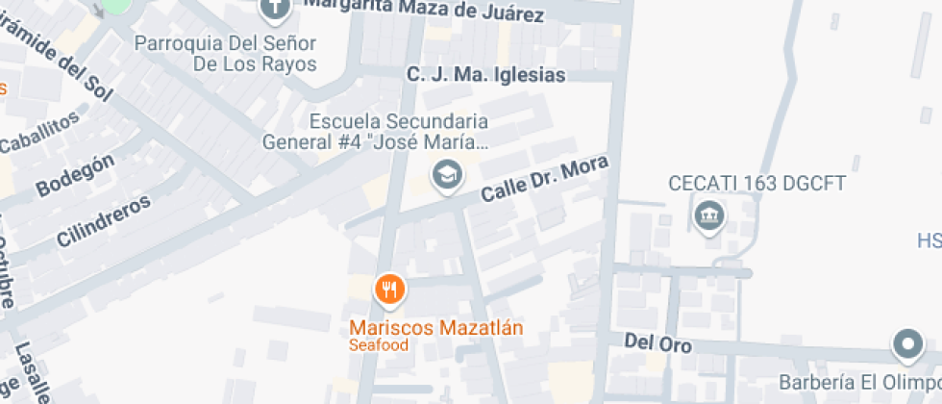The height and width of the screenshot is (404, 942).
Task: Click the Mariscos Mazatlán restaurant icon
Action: [389, 289]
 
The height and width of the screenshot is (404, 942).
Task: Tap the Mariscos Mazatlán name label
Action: [436, 328]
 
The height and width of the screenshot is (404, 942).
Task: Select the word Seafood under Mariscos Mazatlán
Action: [379, 345]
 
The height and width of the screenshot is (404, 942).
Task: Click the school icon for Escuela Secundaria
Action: [446, 175]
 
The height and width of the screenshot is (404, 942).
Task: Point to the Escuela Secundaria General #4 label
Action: [376, 133]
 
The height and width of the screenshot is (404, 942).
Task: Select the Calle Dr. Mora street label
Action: [545, 179]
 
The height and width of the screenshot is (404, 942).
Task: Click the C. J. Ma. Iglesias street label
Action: [485, 74]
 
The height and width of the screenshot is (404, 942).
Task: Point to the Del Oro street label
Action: [657, 341]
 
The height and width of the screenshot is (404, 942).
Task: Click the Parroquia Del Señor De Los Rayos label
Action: [226, 54]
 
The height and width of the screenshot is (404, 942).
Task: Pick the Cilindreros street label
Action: [104, 221]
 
